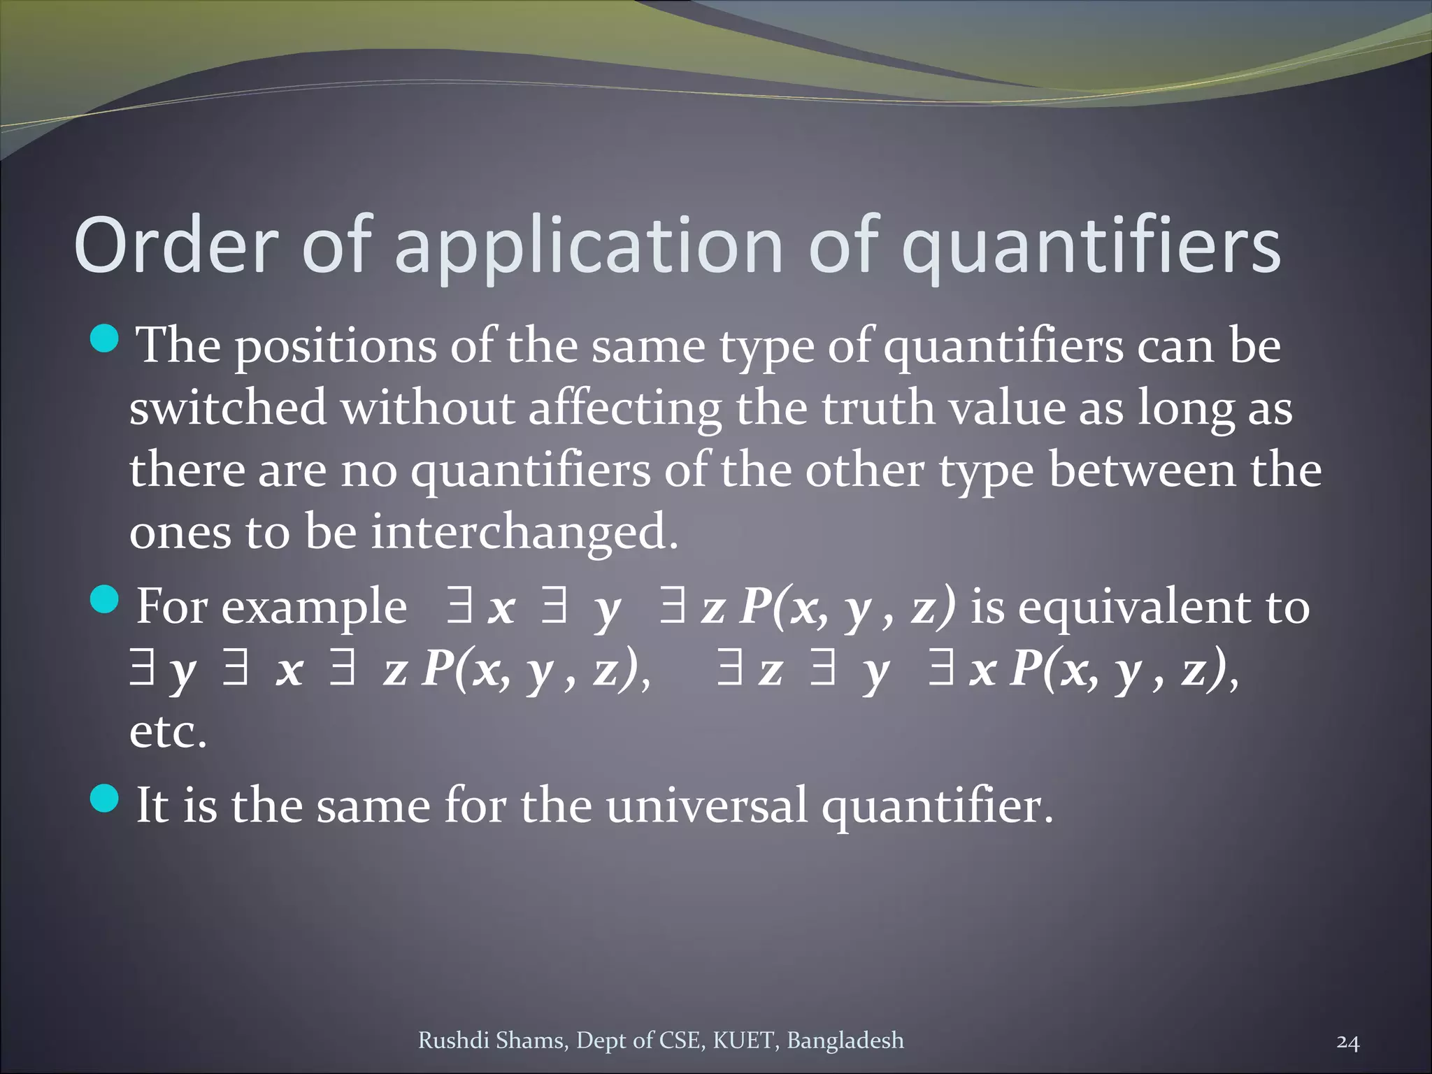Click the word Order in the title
point(176,245)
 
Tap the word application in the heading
point(589,245)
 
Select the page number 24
point(1347,1043)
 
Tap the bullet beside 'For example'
point(105,600)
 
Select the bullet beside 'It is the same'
point(105,799)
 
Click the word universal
point(706,805)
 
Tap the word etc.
point(168,731)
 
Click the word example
point(314,608)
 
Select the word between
point(1143,470)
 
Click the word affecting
point(624,409)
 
